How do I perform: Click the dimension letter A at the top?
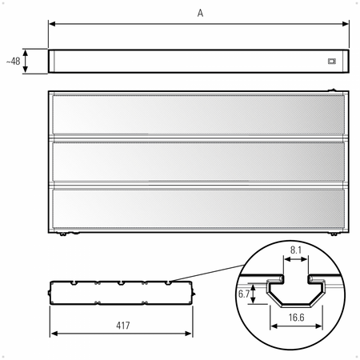(200, 13)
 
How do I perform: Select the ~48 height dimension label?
(13, 62)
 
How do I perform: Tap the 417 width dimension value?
(123, 326)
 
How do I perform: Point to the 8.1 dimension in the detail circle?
(296, 250)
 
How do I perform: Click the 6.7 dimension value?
(244, 294)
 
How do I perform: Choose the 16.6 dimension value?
(296, 318)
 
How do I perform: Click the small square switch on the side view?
(331, 62)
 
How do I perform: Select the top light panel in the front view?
(198, 114)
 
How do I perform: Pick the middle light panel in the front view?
(198, 162)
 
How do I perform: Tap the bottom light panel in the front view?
(198, 209)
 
